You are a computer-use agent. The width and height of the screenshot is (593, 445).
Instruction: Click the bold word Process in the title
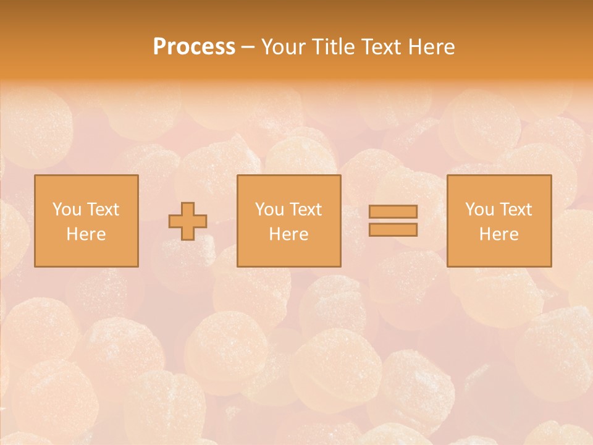click(194, 47)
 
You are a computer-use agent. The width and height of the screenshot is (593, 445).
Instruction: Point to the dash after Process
click(248, 48)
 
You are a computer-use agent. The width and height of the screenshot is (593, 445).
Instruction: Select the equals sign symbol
click(393, 221)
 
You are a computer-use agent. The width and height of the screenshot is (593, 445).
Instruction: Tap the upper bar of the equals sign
click(393, 211)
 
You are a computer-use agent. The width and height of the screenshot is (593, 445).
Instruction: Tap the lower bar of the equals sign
click(393, 230)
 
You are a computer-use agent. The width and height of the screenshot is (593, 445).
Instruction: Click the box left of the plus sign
click(86, 221)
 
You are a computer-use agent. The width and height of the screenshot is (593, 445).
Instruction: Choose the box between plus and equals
click(288, 221)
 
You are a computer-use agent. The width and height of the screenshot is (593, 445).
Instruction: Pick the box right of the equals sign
click(498, 221)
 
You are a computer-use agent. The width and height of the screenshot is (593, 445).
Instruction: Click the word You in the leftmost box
click(66, 210)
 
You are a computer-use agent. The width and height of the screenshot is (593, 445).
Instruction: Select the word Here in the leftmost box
click(86, 234)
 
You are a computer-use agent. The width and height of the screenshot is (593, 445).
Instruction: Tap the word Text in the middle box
click(306, 210)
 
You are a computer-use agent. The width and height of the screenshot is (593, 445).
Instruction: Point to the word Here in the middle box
click(288, 234)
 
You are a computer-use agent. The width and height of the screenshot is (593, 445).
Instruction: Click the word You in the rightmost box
click(479, 210)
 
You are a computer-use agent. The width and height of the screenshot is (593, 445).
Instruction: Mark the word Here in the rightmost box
click(498, 234)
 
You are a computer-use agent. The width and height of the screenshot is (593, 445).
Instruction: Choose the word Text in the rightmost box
click(516, 210)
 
